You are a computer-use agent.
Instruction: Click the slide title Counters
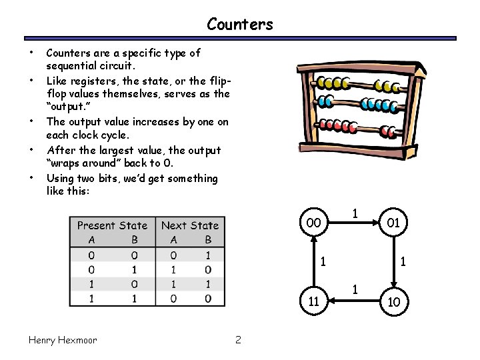[x=240, y=25]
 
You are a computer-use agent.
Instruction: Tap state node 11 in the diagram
[x=313, y=302]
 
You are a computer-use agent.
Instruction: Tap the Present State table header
[x=112, y=225]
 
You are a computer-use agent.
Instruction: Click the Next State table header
[x=190, y=225]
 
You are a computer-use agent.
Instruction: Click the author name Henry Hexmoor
[x=63, y=340]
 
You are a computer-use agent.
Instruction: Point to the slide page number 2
[x=238, y=340]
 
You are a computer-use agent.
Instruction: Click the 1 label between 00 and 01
[x=357, y=214]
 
